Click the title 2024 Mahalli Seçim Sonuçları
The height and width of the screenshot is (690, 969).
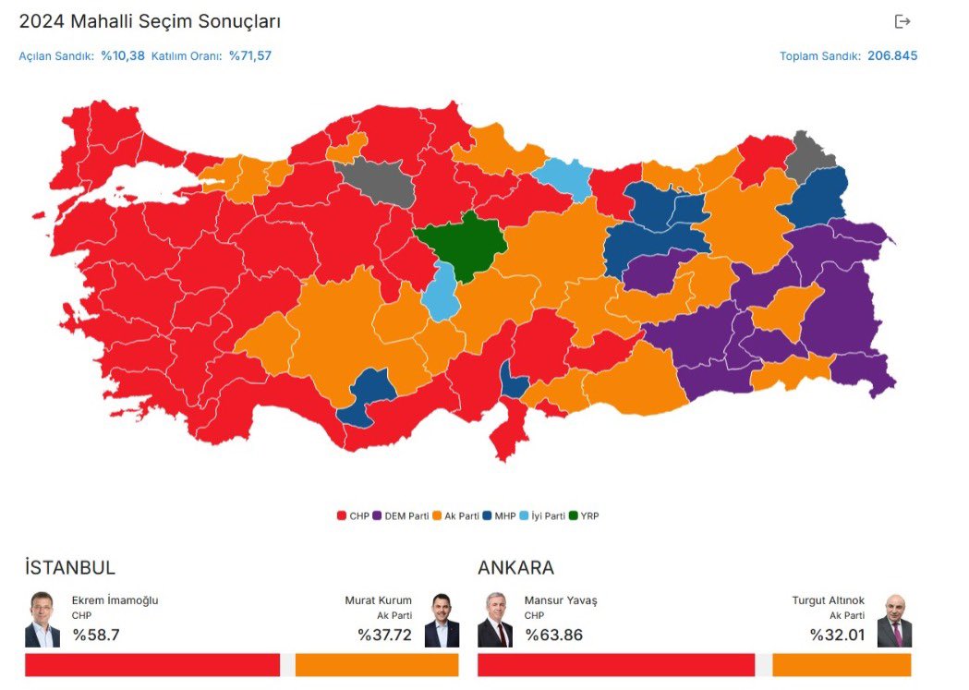pos(150,21)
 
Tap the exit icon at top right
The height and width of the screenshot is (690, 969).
pos(902,21)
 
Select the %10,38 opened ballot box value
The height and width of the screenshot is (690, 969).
pos(123,55)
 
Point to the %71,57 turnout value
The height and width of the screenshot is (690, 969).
pos(250,55)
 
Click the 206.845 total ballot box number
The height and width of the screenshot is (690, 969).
pos(892,55)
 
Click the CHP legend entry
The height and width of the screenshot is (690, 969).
pos(353,515)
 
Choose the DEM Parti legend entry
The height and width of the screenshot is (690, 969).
pos(401,515)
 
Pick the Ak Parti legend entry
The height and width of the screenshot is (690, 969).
pos(456,515)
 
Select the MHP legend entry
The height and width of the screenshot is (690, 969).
pos(499,515)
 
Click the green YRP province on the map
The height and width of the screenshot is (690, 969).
pos(462,244)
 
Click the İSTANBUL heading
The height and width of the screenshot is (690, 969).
pos(70,568)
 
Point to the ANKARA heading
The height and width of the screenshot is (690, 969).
pos(515,568)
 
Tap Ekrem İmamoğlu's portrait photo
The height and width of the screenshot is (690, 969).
pos(42,620)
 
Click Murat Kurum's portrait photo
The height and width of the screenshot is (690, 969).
pos(442,620)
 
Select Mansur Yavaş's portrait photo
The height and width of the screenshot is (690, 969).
pos(495,620)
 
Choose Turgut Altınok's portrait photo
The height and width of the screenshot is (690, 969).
pos(894,620)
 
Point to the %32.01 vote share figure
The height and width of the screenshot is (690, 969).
pos(837,635)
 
